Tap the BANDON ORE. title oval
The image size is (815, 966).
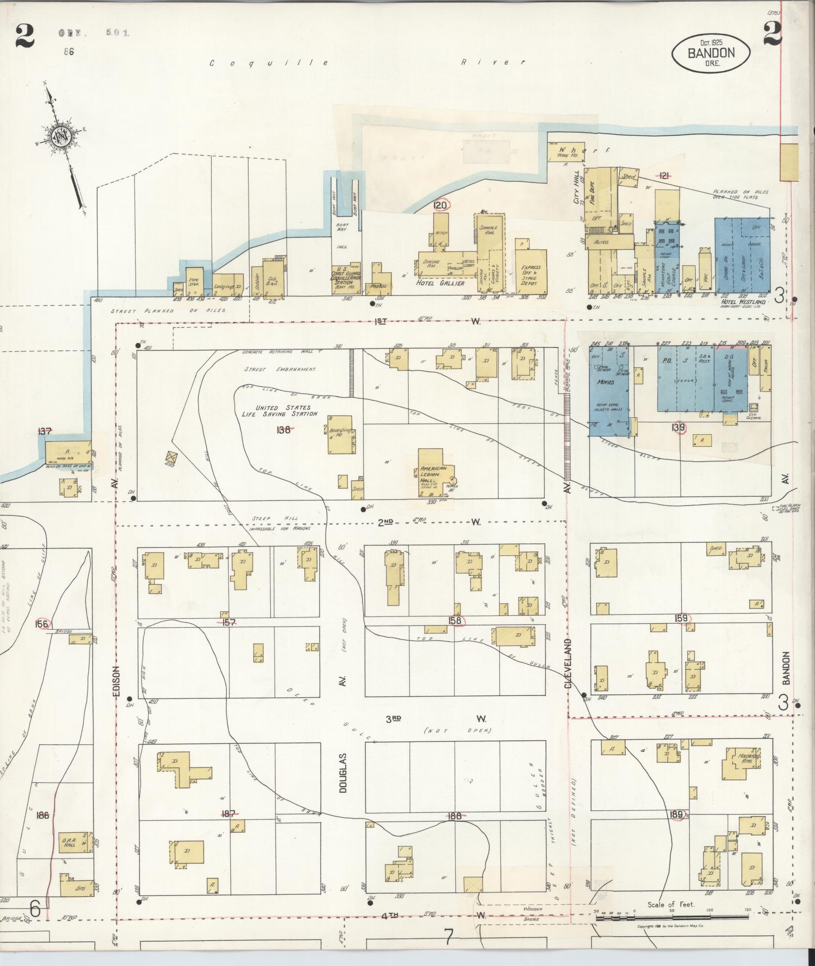pyautogui.click(x=710, y=53)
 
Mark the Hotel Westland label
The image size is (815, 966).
pyautogui.click(x=742, y=301)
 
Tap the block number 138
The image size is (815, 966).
pyautogui.click(x=283, y=430)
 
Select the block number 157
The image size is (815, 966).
pyautogui.click(x=229, y=622)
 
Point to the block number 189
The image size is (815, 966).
pyautogui.click(x=677, y=815)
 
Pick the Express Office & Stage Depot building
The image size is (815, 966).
pyautogui.click(x=531, y=273)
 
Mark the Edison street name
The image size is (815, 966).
pyautogui.click(x=115, y=682)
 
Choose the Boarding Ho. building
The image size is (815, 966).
pyautogui.click(x=341, y=437)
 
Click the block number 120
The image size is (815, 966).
pyautogui.click(x=441, y=205)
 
